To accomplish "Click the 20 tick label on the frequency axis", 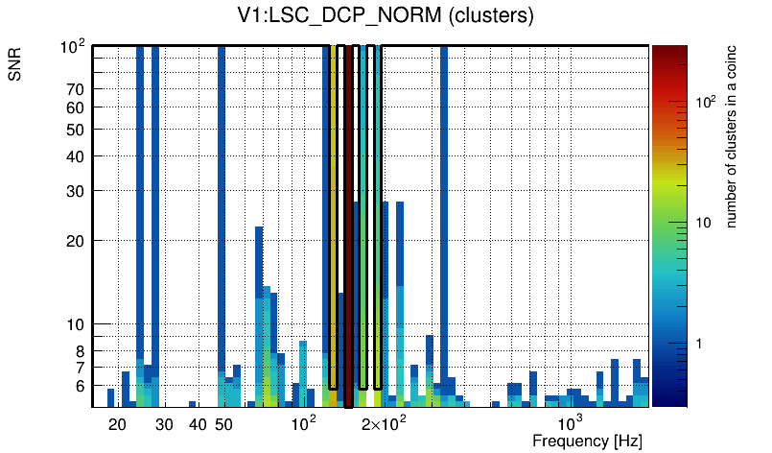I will (x=117, y=424).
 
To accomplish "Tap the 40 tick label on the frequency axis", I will (x=197, y=424).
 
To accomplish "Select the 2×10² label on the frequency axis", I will (x=384, y=422).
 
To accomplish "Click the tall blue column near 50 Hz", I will (x=222, y=192).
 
